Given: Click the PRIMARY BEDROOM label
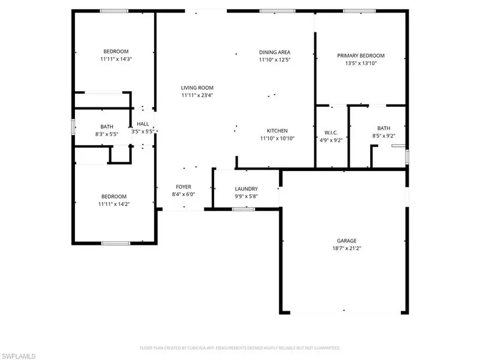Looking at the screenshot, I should tap(361, 55).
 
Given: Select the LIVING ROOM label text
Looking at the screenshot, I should tap(197, 88).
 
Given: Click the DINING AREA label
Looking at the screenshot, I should tap(275, 52).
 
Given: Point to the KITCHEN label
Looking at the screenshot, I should tap(277, 130).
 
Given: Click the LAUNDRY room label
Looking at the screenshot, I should tap(246, 188).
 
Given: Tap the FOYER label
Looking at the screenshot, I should tap(183, 187).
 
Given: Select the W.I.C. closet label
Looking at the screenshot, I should tap(331, 133).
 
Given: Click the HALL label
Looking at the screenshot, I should tap(143, 124).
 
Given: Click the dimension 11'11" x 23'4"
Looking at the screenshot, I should tap(197, 95).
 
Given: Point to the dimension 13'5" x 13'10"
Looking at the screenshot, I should tap(361, 63).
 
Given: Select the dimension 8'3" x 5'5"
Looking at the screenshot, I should tap(107, 134).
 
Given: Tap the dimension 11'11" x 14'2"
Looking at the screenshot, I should tap(113, 204).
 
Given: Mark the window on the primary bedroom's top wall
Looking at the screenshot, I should tap(360, 10).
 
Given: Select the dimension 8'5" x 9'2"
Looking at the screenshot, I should tap(383, 136).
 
